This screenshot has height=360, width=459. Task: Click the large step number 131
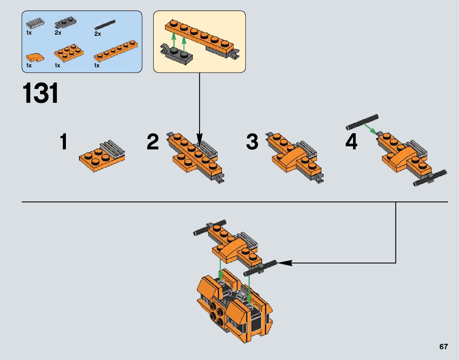pyautogui.click(x=41, y=94)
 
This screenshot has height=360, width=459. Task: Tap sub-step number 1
pyautogui.click(x=64, y=142)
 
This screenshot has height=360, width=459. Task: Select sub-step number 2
pyautogui.click(x=153, y=142)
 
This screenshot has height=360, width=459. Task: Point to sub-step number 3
pyautogui.click(x=252, y=142)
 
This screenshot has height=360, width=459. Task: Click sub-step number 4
pyautogui.click(x=351, y=142)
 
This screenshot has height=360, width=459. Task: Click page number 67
pyautogui.click(x=443, y=347)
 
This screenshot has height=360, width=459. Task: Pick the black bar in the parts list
pyautogui.click(x=106, y=25)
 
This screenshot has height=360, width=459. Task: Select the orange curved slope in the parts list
pyautogui.click(x=35, y=57)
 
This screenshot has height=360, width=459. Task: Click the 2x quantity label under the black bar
pyautogui.click(x=98, y=34)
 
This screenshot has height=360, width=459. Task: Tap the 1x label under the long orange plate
pyautogui.click(x=97, y=66)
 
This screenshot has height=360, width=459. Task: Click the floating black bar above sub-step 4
pyautogui.click(x=362, y=121)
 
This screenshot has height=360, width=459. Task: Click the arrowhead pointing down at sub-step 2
pyautogui.click(x=199, y=138)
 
